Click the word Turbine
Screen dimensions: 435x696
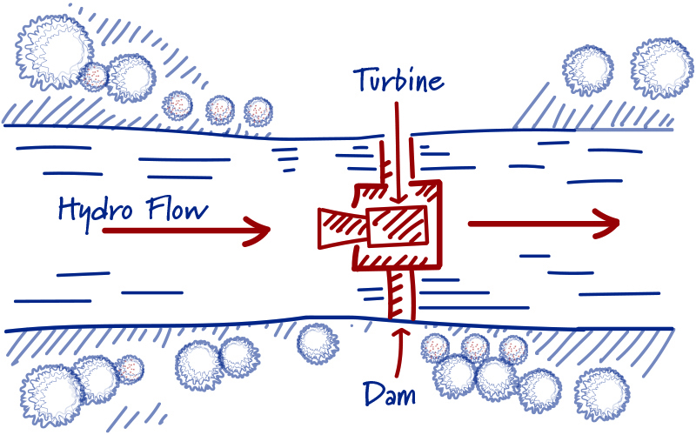398,81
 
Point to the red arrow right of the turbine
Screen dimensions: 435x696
543,224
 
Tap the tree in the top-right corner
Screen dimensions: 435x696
664,68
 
